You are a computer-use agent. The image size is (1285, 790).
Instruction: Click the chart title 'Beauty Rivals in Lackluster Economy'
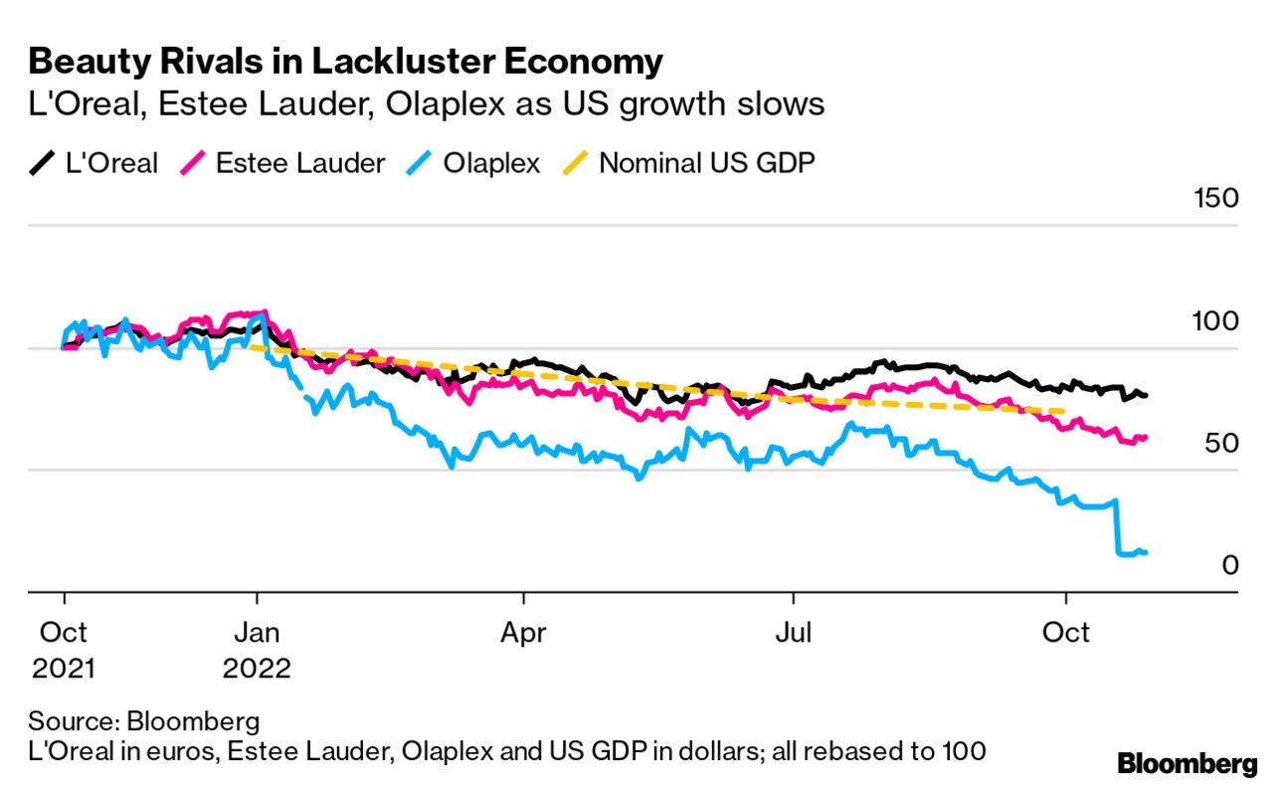[x=345, y=62]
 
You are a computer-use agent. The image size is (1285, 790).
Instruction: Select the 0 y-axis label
[x=1229, y=565]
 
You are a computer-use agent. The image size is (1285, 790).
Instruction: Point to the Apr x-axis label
[x=523, y=633]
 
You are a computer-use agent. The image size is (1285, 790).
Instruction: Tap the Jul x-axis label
[x=794, y=633]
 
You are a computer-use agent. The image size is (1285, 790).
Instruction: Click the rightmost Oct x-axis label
[x=1065, y=633]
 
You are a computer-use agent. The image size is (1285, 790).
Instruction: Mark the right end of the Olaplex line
[x=1146, y=552]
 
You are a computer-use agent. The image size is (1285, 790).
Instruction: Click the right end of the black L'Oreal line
[x=1146, y=396]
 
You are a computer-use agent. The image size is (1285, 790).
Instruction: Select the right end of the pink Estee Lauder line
[x=1146, y=437]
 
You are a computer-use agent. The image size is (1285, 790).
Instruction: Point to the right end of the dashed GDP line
[x=1065, y=412]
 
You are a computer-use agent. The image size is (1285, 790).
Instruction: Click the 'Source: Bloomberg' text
[x=144, y=721]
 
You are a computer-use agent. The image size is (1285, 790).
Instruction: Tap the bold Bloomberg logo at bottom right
[x=1188, y=764]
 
